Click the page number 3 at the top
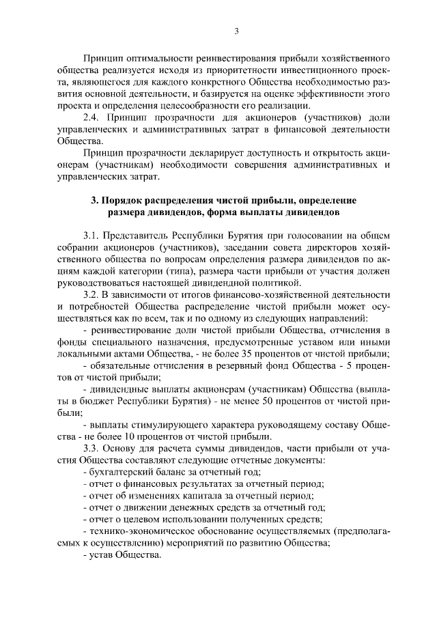pos(236,30)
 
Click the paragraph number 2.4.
pos(91,117)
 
